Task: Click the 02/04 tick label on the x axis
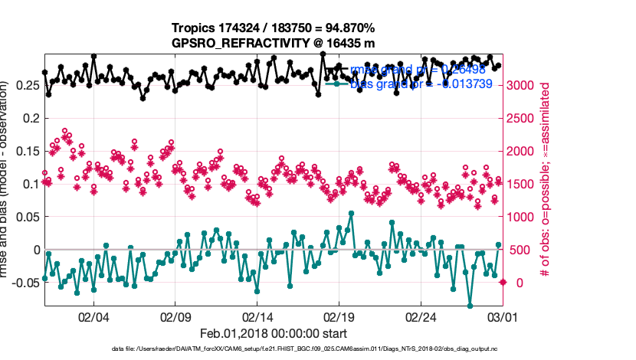93,316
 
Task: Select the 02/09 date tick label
175,316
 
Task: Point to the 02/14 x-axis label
258,316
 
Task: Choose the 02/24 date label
421,316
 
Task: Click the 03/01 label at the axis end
503,316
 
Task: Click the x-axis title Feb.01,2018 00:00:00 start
274,334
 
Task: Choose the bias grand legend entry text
420,83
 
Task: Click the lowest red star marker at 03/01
503,283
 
